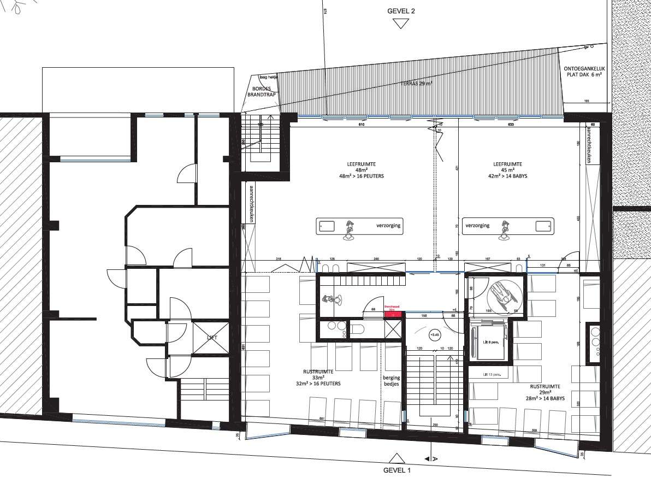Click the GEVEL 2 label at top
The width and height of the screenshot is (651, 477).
coord(401,11)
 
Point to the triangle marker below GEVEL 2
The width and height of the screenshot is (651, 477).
coord(401,23)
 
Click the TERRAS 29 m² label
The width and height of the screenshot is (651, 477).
coord(418,84)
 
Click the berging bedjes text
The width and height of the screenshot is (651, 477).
coord(391,381)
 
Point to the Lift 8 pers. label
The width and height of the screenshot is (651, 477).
coord(491,341)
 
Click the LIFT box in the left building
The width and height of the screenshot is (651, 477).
coord(212,337)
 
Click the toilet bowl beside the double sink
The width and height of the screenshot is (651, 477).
coord(358,329)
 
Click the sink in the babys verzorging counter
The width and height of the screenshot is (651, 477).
coord(542,226)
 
